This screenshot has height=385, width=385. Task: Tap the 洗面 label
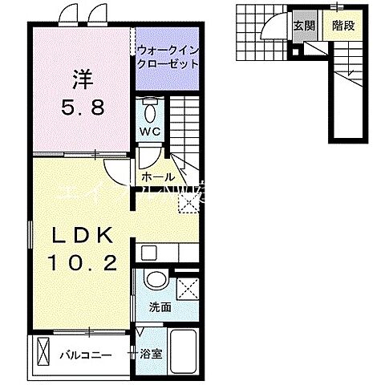158,307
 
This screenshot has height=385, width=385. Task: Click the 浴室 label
151,353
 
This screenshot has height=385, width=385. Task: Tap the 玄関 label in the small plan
302,26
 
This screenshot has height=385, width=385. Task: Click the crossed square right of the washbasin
187,287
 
